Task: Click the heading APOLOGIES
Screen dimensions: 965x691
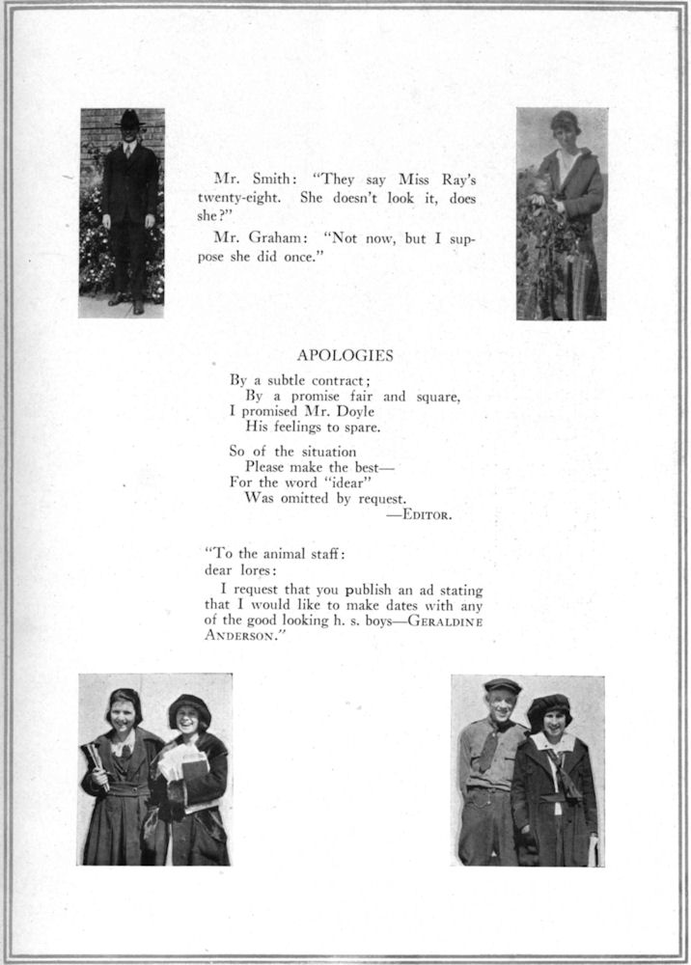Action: tap(345, 355)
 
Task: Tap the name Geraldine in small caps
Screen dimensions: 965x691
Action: tap(445, 620)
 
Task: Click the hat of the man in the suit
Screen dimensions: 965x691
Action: tap(130, 119)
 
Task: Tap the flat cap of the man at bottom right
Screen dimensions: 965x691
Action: tap(501, 685)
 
